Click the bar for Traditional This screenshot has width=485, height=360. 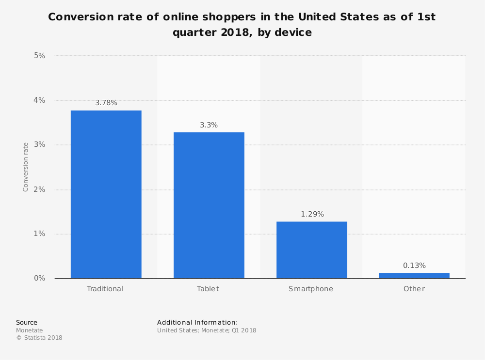(106, 194)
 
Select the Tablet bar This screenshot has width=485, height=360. (209, 205)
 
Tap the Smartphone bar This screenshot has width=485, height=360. (311, 250)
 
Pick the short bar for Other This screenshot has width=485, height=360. (414, 276)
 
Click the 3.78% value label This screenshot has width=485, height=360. (106, 103)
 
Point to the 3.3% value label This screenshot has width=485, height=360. (209, 125)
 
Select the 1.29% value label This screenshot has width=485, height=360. (312, 214)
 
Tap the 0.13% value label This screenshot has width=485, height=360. (414, 266)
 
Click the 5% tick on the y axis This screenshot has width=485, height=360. (39, 56)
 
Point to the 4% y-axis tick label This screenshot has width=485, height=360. (39, 100)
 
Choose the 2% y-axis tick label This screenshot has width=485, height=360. (39, 189)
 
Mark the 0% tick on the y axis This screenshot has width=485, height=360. (39, 279)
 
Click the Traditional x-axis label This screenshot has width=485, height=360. (105, 289)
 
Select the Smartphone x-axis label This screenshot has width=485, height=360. (311, 289)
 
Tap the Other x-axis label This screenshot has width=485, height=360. (414, 289)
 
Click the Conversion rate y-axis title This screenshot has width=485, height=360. (26, 167)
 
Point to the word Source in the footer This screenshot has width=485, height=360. (27, 322)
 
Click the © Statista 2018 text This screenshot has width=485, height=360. (39, 338)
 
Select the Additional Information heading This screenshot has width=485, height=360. (197, 322)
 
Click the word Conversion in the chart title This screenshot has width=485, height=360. (82, 17)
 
